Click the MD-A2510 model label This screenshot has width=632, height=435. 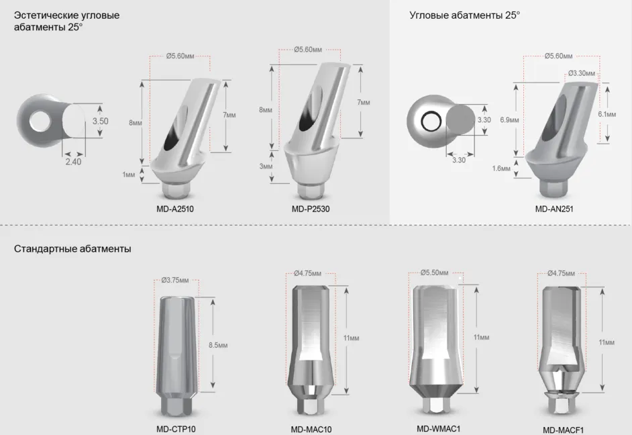coord(175,209)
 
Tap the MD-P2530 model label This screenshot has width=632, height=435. coord(311,209)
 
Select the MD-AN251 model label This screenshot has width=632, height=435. coord(554,209)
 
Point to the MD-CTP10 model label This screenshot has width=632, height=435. coord(176,430)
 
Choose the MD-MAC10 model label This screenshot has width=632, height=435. coord(311,430)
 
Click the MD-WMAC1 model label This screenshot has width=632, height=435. coord(439,428)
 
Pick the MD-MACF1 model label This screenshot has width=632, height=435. coord(563,430)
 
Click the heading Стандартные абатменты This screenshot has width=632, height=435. coord(72,249)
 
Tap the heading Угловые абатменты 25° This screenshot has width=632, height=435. coord(465,15)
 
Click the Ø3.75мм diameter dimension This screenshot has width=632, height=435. coord(175,280)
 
